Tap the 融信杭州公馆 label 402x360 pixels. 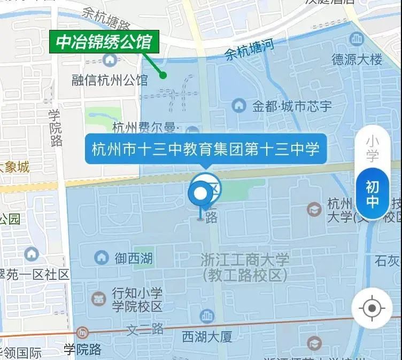point(110,81)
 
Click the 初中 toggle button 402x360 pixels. point(372,194)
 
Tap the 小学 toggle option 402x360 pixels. point(372,149)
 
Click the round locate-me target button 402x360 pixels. point(372,308)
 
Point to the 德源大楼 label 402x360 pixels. point(357,59)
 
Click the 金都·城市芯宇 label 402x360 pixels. point(292,106)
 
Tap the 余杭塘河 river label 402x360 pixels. point(249,50)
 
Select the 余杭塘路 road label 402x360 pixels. point(107,19)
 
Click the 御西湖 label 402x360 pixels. point(134,259)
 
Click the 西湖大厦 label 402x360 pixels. point(207,337)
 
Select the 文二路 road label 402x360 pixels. point(145,330)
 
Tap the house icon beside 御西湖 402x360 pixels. point(101,258)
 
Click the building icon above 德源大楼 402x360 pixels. point(356,38)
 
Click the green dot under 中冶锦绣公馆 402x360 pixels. point(164,75)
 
